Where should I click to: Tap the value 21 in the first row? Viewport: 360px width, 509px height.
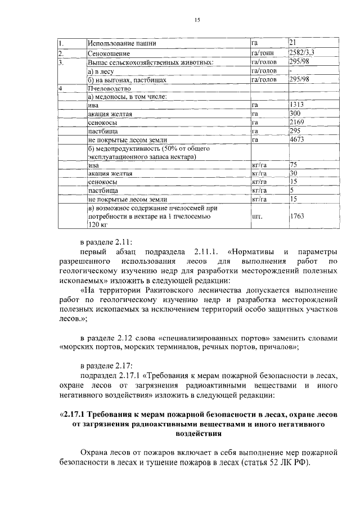click(x=292, y=42)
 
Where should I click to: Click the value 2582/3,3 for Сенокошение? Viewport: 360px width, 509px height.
click(x=301, y=52)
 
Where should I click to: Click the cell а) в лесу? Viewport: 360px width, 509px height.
click(x=105, y=71)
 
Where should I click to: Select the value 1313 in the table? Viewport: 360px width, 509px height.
click(x=297, y=105)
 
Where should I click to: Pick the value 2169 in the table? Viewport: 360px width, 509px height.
click(x=297, y=122)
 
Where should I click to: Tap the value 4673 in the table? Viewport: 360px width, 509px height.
click(x=297, y=139)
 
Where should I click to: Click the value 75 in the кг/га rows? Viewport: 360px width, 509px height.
click(x=293, y=165)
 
